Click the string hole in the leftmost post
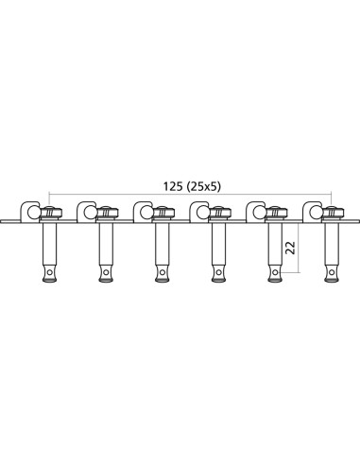point(47,275)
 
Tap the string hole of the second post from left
point(104,275)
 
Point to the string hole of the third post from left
point(161,275)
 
